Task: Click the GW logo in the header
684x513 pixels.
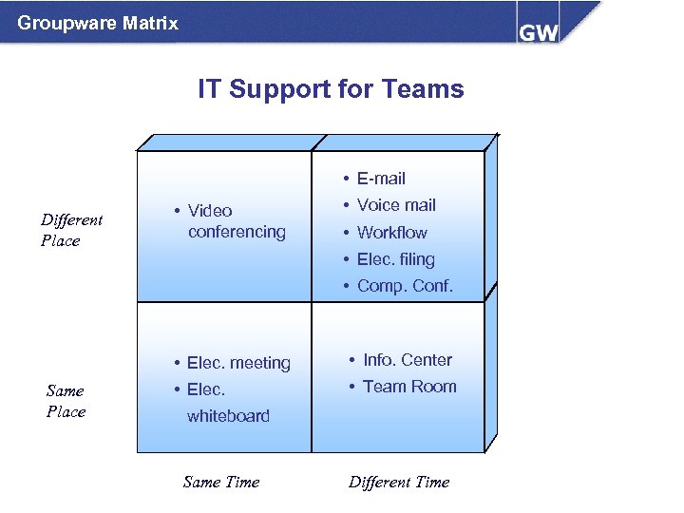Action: point(539,31)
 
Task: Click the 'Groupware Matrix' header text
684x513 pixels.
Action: point(98,23)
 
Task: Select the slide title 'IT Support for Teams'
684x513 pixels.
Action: point(331,89)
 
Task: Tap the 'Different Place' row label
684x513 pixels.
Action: point(71,230)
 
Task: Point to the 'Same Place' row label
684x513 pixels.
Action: point(66,401)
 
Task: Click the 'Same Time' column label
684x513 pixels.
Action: point(220,482)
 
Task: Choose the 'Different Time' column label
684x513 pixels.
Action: point(399,482)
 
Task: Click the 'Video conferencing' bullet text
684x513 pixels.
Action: point(236,221)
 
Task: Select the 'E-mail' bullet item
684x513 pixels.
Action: point(381,179)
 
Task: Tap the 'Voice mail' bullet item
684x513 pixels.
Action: point(396,205)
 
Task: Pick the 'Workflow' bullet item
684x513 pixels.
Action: point(391,233)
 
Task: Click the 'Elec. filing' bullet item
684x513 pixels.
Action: point(395,259)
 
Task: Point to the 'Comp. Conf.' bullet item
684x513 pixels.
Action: point(405,286)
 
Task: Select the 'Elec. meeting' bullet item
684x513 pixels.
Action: point(238,363)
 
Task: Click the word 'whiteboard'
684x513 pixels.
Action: point(228,416)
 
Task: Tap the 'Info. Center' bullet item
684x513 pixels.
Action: point(407,360)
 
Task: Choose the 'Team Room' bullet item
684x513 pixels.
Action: point(409,387)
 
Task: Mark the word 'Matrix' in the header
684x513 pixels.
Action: point(150,23)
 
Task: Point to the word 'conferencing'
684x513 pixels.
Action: point(237,232)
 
